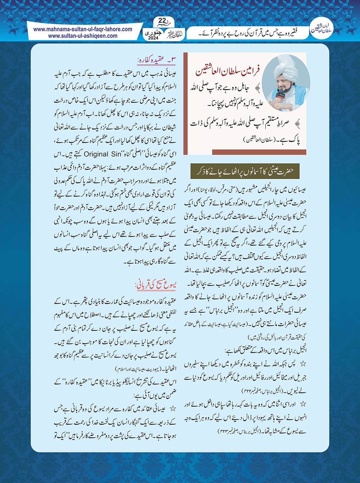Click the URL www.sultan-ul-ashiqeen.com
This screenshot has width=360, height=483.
(83, 36)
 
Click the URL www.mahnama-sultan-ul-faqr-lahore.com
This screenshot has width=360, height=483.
(83, 29)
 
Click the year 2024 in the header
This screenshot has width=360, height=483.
(154, 38)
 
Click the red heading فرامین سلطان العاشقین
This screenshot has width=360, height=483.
(228, 71)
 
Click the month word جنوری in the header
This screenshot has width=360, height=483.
(154, 32)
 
